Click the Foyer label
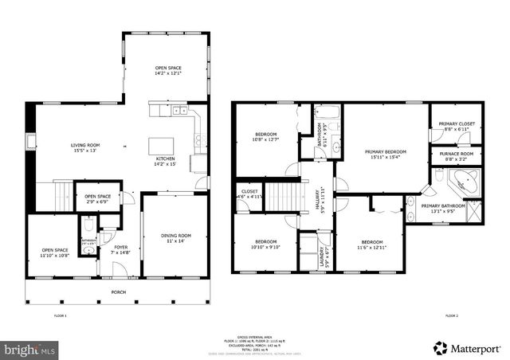pos(120,249)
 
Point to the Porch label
pos(118,292)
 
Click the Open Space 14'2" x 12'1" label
pos(167,71)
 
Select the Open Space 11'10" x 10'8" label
pos(54,253)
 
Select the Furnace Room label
pos(456,156)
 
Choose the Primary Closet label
pos(456,126)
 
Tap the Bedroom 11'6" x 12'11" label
pos(372,244)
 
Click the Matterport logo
pos(466,347)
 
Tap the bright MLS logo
pos(30,349)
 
